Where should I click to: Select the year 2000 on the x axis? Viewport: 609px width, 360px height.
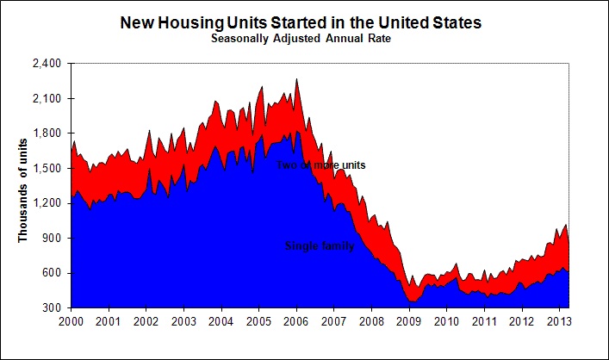click(x=71, y=321)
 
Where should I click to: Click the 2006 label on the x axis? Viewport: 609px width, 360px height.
click(x=297, y=321)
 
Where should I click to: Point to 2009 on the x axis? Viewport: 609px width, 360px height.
click(x=410, y=321)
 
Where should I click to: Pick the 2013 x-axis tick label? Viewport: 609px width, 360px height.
click(x=560, y=321)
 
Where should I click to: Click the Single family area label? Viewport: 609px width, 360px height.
click(x=319, y=245)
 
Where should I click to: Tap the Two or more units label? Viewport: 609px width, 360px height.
click(x=321, y=164)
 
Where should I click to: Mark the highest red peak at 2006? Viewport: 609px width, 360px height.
click(x=297, y=80)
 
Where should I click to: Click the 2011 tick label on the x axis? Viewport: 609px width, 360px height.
click(x=485, y=321)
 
